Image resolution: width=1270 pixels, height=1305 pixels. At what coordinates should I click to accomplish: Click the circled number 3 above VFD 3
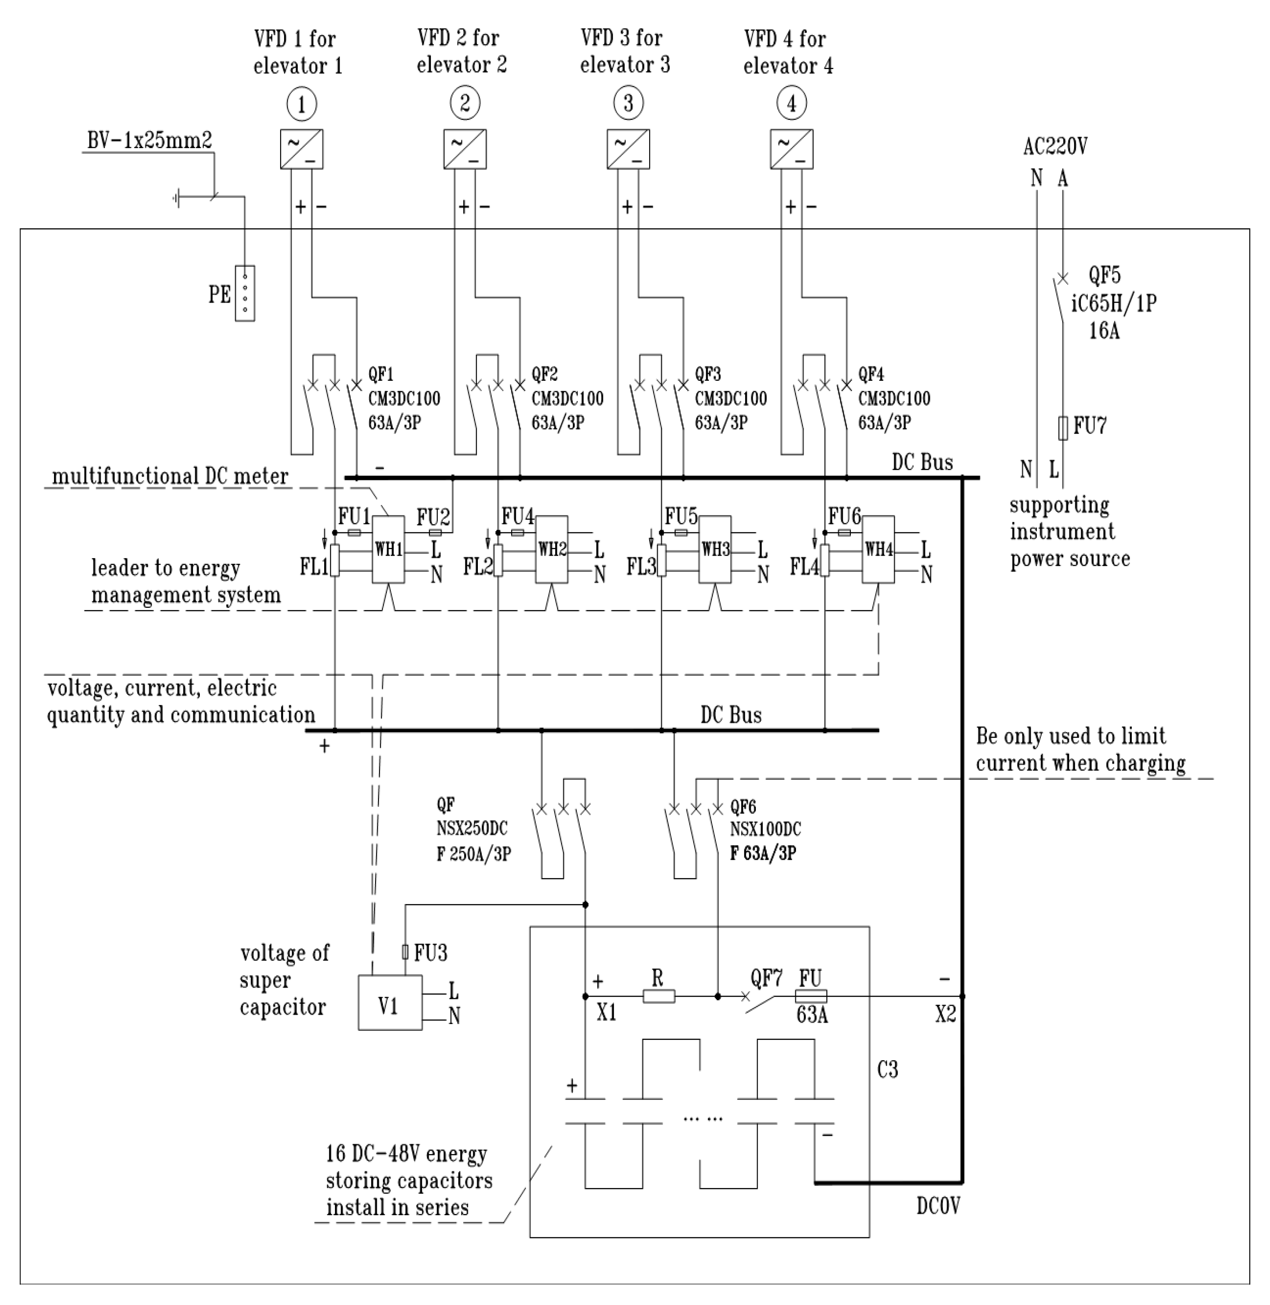coord(628,104)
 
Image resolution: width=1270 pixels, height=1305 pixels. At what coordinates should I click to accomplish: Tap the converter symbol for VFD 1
coord(301,149)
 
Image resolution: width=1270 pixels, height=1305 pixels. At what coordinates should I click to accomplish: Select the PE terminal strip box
coord(245,294)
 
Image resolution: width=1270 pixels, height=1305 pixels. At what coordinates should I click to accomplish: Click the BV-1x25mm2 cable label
coord(149,141)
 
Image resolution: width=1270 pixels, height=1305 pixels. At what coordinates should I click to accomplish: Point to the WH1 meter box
coord(388,550)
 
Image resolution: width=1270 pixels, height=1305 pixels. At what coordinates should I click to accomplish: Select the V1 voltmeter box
coord(389,1003)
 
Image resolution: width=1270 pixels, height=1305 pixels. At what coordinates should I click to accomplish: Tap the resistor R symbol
coord(658,996)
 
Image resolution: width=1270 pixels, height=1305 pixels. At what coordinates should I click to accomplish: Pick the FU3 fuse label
coord(430,953)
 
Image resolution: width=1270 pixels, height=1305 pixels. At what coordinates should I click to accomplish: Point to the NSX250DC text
coord(471,829)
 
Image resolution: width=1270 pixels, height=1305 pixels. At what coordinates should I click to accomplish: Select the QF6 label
coord(743,807)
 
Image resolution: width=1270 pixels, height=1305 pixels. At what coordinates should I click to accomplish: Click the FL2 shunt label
coord(477,567)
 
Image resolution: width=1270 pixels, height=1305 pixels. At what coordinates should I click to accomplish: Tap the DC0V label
coord(938,1206)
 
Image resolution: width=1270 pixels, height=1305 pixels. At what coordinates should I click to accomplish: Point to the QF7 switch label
coord(766,979)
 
